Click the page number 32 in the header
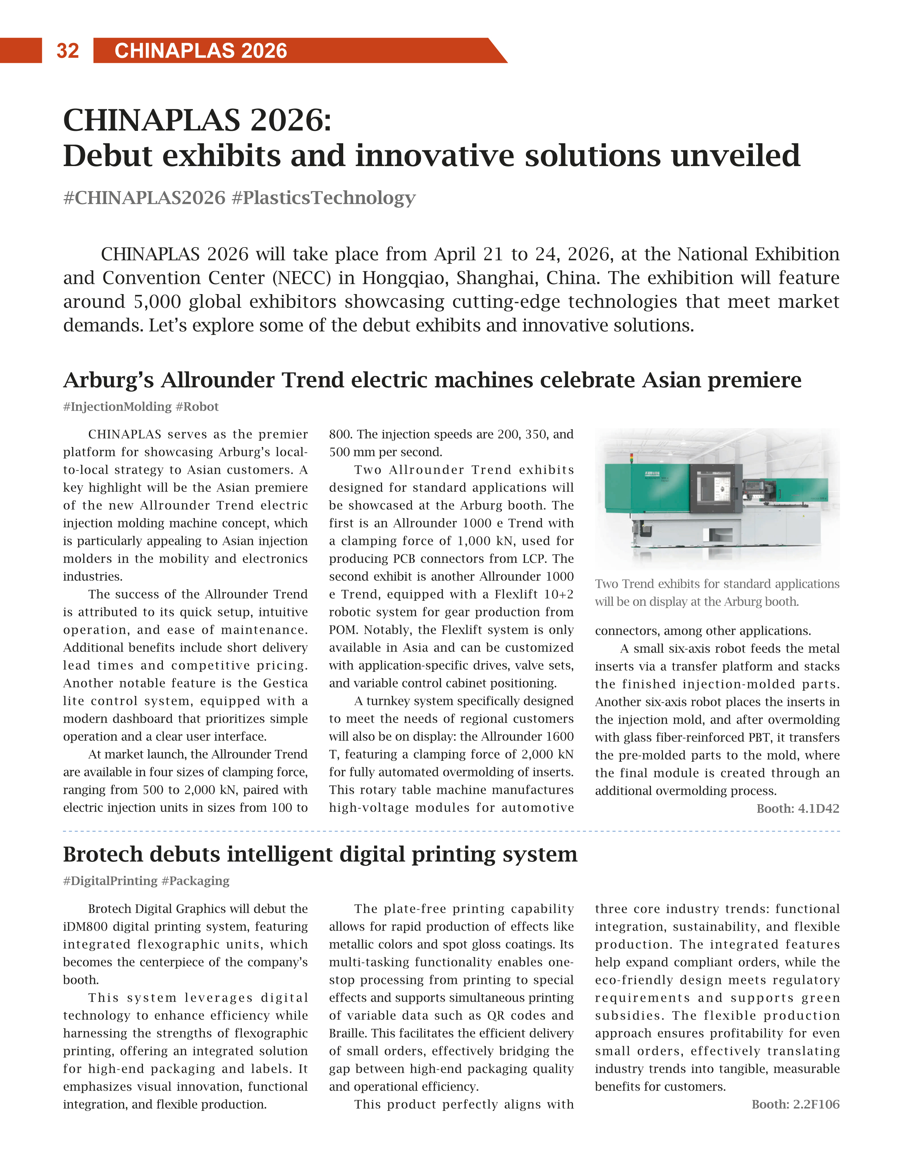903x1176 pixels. pyautogui.click(x=68, y=50)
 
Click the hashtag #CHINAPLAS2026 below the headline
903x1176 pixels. pyautogui.click(x=144, y=198)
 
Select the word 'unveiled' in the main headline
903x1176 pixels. pyautogui.click(x=735, y=156)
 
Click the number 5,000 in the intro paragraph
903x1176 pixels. pyautogui.click(x=158, y=302)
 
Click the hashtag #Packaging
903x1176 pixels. pyautogui.click(x=196, y=881)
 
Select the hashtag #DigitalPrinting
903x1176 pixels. pyautogui.click(x=110, y=881)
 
